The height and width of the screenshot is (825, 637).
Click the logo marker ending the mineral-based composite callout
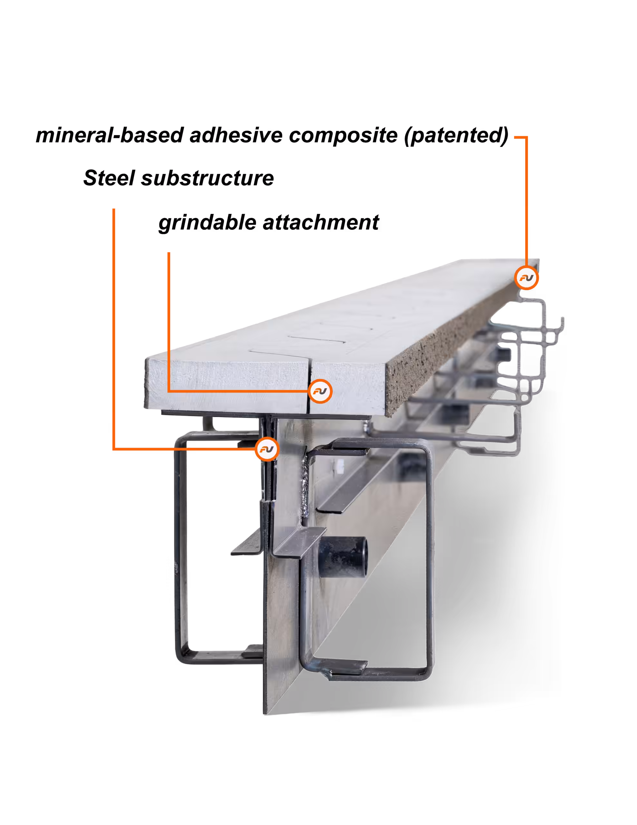[526, 278]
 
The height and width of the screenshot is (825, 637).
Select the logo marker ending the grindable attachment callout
[320, 391]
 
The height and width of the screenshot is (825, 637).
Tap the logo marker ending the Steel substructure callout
[267, 449]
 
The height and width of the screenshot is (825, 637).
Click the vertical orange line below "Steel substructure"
[114, 329]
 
